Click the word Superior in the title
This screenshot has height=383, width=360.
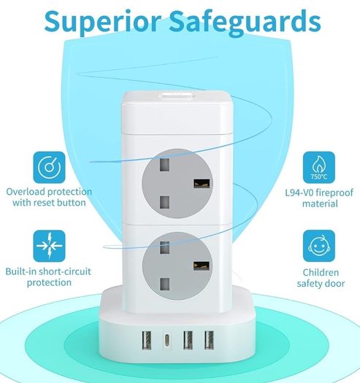[103, 21]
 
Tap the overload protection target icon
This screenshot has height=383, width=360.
[50, 167]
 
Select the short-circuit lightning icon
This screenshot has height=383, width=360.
[50, 246]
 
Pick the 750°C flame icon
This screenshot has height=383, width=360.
[319, 167]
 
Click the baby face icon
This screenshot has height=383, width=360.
[319, 246]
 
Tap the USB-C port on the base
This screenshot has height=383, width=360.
[167, 340]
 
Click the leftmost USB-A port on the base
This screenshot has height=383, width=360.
[147, 340]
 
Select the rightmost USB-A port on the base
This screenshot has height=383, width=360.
[209, 340]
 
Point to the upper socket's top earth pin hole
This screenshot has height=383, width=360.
[164, 164]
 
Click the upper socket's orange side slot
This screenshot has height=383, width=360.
[202, 184]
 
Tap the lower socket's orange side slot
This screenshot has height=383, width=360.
[202, 266]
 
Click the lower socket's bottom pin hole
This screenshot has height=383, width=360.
[164, 284]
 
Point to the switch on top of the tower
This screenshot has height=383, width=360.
[176, 96]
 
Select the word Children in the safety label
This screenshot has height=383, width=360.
[321, 272]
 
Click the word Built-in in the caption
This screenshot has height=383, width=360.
[20, 271]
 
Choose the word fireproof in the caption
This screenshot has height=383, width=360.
[334, 193]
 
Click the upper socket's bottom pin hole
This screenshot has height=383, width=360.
[164, 202]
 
